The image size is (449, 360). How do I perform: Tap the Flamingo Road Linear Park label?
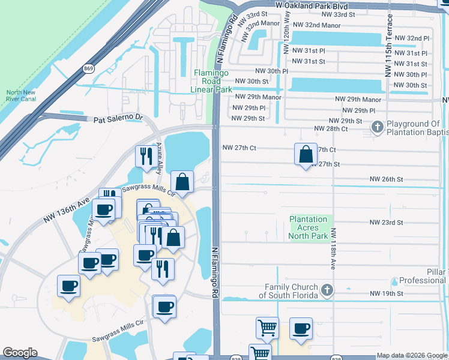(x=211, y=81)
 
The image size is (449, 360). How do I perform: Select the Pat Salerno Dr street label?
(x=119, y=119)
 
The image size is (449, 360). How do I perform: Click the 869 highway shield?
(x=88, y=68)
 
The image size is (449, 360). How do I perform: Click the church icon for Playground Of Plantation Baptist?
(x=377, y=127)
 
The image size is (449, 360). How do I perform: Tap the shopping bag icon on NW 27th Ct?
(x=306, y=154)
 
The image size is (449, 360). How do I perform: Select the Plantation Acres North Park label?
(x=309, y=228)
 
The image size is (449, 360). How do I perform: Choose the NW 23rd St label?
(x=386, y=223)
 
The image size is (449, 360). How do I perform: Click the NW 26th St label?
(x=386, y=179)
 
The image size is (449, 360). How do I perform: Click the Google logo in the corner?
(x=20, y=353)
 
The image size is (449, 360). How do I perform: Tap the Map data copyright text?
(x=412, y=355)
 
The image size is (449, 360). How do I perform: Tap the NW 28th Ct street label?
(x=331, y=129)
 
